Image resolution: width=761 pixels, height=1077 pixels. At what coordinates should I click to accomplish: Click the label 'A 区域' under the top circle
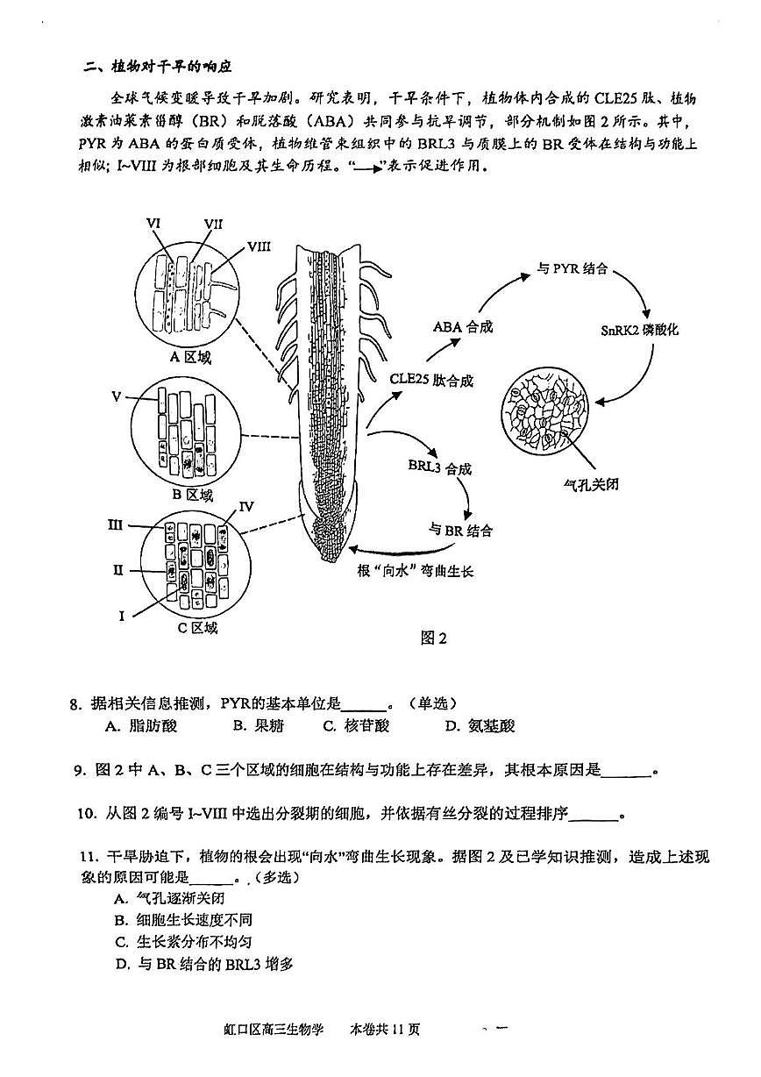click(190, 357)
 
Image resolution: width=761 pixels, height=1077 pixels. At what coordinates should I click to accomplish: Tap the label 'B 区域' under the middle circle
click(191, 495)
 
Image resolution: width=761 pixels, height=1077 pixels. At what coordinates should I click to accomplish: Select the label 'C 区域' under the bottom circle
click(196, 627)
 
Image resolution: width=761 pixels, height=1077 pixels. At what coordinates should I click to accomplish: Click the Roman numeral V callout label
click(116, 396)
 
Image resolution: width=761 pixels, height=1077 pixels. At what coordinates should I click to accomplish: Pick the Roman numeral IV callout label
click(246, 506)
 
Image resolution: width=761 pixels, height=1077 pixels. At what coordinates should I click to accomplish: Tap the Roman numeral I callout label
click(123, 616)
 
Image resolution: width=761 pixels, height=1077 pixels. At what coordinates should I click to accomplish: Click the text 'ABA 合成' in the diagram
click(463, 326)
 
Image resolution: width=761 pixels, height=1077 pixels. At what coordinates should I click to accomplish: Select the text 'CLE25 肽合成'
click(431, 380)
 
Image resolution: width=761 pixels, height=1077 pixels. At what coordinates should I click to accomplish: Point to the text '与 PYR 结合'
click(573, 269)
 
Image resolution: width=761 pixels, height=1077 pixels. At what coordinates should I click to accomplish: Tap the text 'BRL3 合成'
click(439, 469)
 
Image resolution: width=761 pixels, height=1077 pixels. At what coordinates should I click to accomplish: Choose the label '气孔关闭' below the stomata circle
click(590, 483)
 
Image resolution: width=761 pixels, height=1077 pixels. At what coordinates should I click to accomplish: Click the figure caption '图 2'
click(434, 638)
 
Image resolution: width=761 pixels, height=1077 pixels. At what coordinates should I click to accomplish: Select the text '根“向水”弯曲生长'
click(415, 570)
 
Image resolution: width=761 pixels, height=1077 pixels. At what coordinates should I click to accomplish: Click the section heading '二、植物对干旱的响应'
click(157, 67)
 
